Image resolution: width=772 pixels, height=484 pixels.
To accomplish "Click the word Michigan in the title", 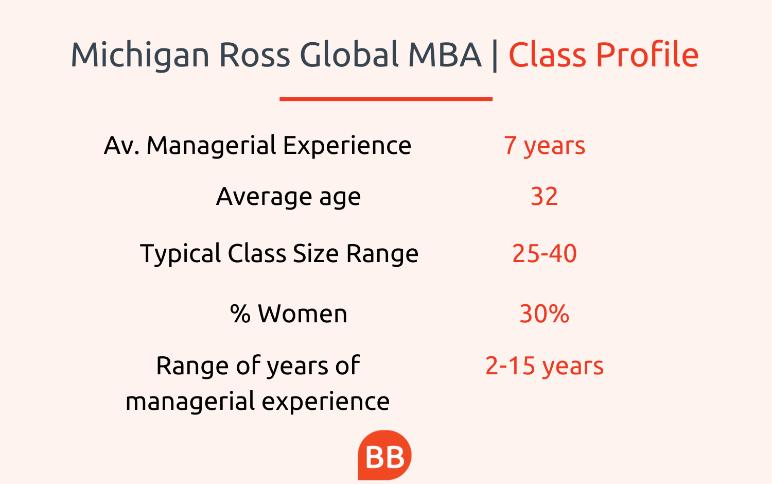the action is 141,55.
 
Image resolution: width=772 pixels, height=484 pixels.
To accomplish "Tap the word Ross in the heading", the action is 255,55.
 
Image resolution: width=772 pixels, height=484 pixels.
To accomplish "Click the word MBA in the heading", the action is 445,55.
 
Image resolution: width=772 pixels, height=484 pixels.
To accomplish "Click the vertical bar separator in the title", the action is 495,55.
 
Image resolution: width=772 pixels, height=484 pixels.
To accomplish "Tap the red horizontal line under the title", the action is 386,99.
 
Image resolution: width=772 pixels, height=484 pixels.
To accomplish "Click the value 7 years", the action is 545,146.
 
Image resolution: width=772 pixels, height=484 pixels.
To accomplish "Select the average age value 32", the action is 544,197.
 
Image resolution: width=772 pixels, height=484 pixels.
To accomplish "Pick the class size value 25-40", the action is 545,253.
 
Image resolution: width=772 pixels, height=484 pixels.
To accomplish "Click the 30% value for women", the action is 544,314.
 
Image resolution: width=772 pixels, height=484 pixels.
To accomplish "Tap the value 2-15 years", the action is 545,366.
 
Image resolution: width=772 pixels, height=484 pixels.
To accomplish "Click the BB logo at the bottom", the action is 384,455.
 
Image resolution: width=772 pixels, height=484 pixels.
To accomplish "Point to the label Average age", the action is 288,197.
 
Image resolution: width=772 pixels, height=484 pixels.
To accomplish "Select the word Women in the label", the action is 303,314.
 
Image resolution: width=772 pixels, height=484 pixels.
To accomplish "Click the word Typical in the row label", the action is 180,254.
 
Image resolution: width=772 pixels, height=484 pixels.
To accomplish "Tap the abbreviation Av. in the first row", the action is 121,146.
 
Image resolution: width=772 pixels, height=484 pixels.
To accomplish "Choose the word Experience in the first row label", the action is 347,146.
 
